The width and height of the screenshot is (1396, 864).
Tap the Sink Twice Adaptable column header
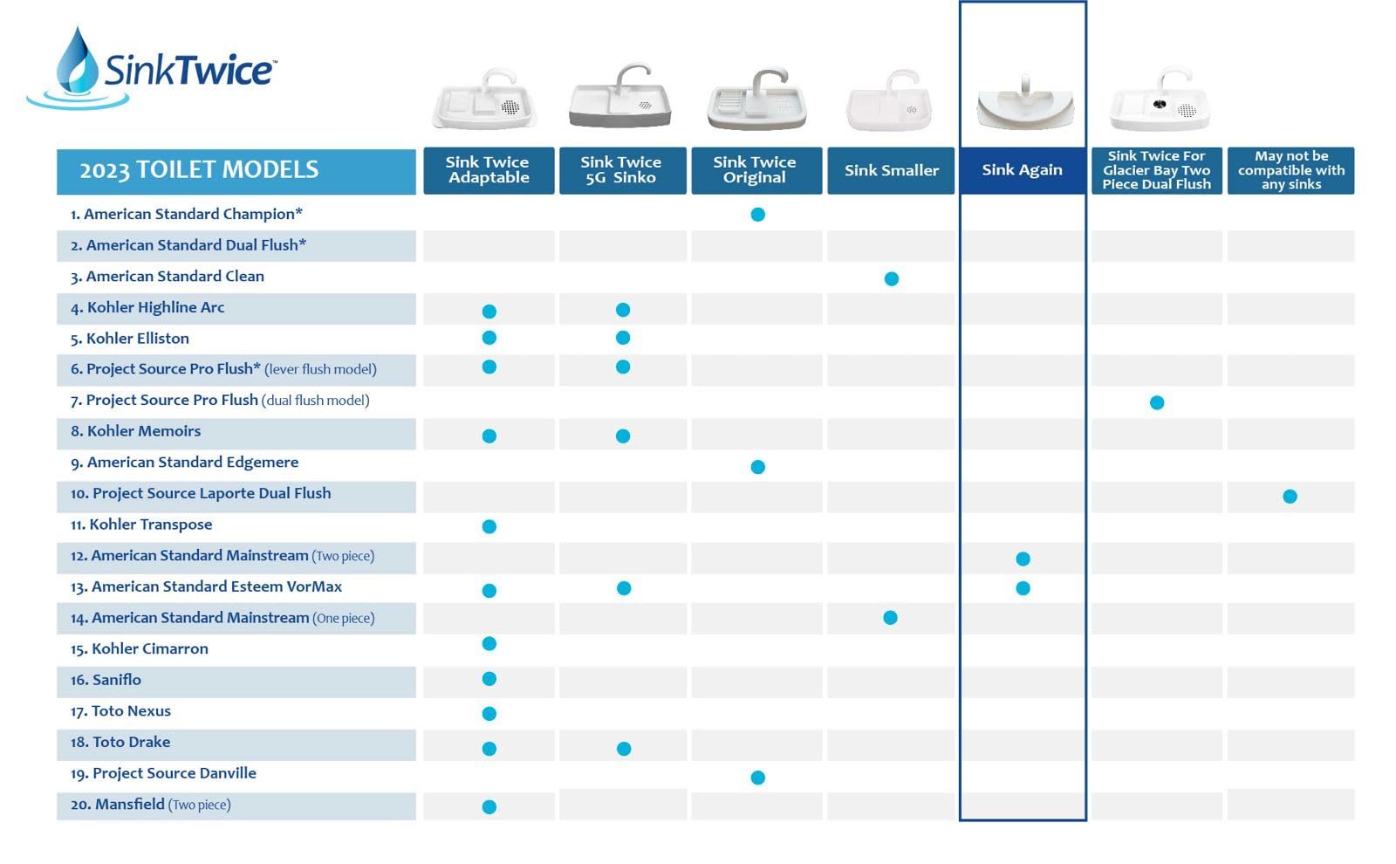click(x=489, y=170)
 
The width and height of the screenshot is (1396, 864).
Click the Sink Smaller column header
click(x=891, y=170)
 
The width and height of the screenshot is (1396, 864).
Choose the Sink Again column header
click(x=1022, y=170)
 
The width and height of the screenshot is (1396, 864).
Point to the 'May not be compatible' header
click(x=1290, y=170)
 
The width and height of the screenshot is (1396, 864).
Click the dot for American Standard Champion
click(x=758, y=215)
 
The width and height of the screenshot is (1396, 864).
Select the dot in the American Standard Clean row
click(x=891, y=278)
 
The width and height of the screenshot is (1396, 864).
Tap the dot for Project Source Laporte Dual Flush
click(x=1290, y=497)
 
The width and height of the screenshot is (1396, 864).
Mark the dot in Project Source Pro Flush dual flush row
click(x=1157, y=402)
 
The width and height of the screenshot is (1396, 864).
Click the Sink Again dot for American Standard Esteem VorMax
click(x=1023, y=588)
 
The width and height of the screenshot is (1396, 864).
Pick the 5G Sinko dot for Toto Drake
click(x=624, y=748)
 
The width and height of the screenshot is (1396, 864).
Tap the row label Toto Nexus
click(x=120, y=710)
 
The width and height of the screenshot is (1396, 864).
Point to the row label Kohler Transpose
click(x=141, y=525)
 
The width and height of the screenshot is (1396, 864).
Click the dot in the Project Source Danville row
click(x=758, y=778)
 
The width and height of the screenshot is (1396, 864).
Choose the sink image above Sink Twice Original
click(x=756, y=99)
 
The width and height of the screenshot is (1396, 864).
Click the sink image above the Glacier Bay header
click(x=1160, y=99)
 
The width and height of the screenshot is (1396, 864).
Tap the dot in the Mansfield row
click(x=489, y=806)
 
